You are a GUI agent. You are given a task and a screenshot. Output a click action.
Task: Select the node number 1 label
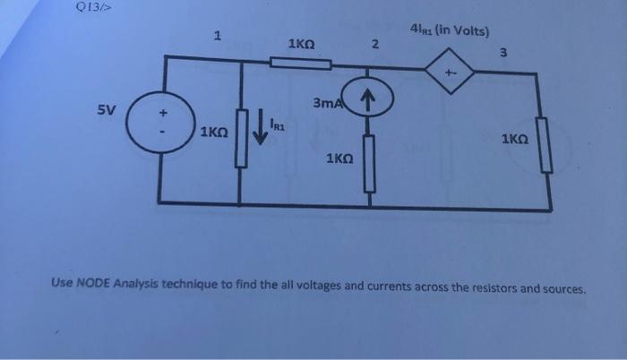point(217,36)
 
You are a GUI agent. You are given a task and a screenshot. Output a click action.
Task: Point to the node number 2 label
point(375,45)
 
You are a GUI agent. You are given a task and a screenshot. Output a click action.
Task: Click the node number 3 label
point(504,53)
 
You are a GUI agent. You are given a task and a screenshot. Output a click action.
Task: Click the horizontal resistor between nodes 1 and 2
point(301,63)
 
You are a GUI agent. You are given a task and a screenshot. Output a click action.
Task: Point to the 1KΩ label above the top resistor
point(301,42)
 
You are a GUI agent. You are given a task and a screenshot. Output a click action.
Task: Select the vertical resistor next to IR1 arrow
point(240,140)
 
